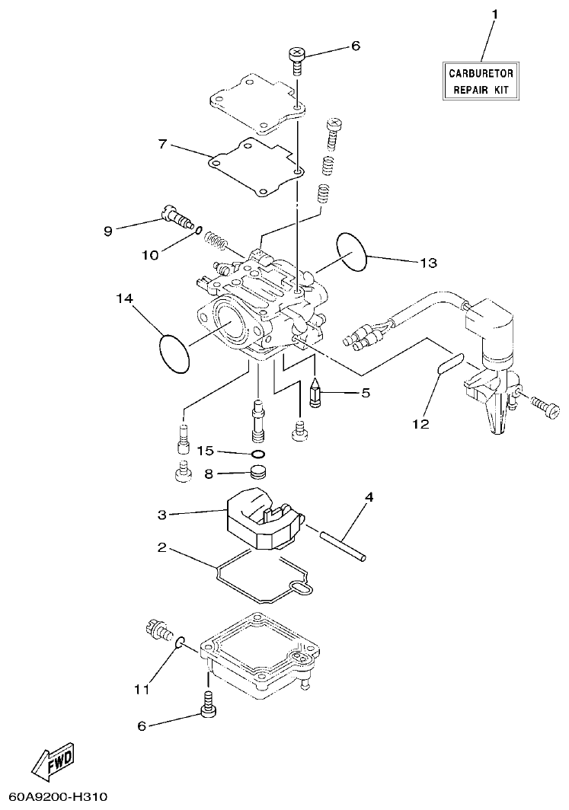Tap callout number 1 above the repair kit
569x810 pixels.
point(494,14)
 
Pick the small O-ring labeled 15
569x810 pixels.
point(259,455)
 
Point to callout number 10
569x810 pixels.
point(149,254)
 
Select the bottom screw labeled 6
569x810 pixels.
point(206,704)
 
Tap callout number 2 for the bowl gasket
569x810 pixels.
point(161,547)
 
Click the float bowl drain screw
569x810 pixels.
point(157,631)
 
